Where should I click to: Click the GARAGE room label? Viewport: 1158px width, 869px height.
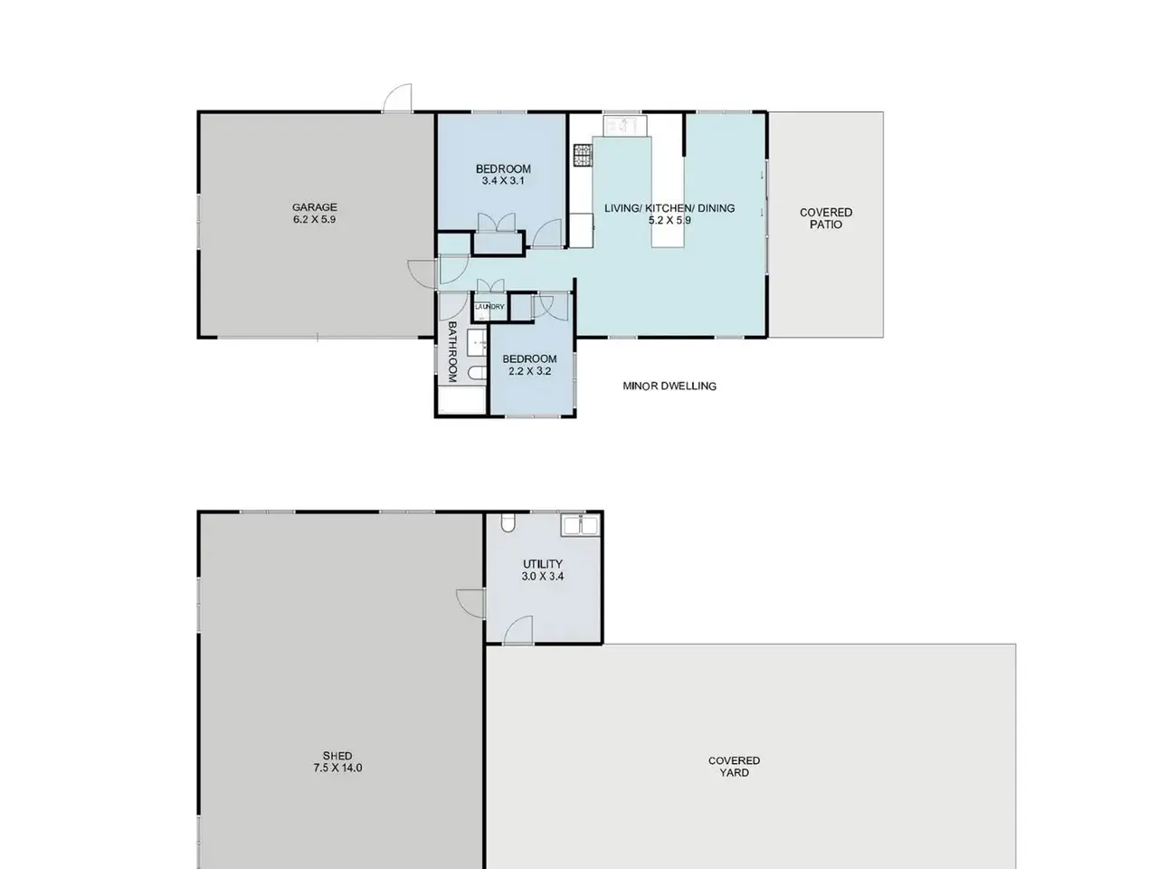pos(315,206)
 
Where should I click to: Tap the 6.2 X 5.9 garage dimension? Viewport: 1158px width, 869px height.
pos(315,219)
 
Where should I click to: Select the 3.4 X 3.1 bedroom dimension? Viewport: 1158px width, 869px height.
pos(503,180)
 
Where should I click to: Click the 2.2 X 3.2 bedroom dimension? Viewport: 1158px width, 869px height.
pos(529,371)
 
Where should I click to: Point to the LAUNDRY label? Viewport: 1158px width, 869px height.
pos(489,307)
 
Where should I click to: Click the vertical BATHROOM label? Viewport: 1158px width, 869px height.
pos(452,352)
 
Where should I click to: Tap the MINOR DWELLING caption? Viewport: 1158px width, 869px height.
pos(669,387)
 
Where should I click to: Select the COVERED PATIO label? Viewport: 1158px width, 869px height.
pos(826,218)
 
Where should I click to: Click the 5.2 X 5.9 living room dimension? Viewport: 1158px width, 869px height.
pos(669,220)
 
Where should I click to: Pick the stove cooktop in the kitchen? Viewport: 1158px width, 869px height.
pos(583,155)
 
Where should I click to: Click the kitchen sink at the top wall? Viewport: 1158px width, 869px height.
pos(624,126)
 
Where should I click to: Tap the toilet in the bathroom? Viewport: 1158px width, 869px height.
pos(478,373)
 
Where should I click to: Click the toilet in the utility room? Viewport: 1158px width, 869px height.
pos(508,523)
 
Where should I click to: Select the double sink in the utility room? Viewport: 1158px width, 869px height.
pos(580,526)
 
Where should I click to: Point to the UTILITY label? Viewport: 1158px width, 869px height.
pos(542,564)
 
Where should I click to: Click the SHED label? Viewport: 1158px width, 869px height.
pos(337,756)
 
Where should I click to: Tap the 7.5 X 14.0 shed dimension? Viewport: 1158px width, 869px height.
pos(337,768)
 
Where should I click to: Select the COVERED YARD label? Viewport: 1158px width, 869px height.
pos(734,767)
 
